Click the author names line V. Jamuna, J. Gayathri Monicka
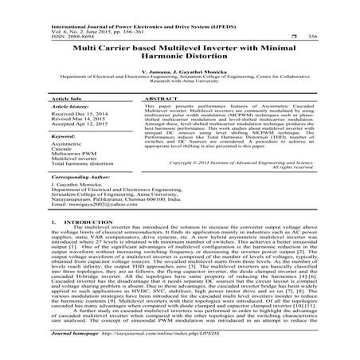point(179,72)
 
